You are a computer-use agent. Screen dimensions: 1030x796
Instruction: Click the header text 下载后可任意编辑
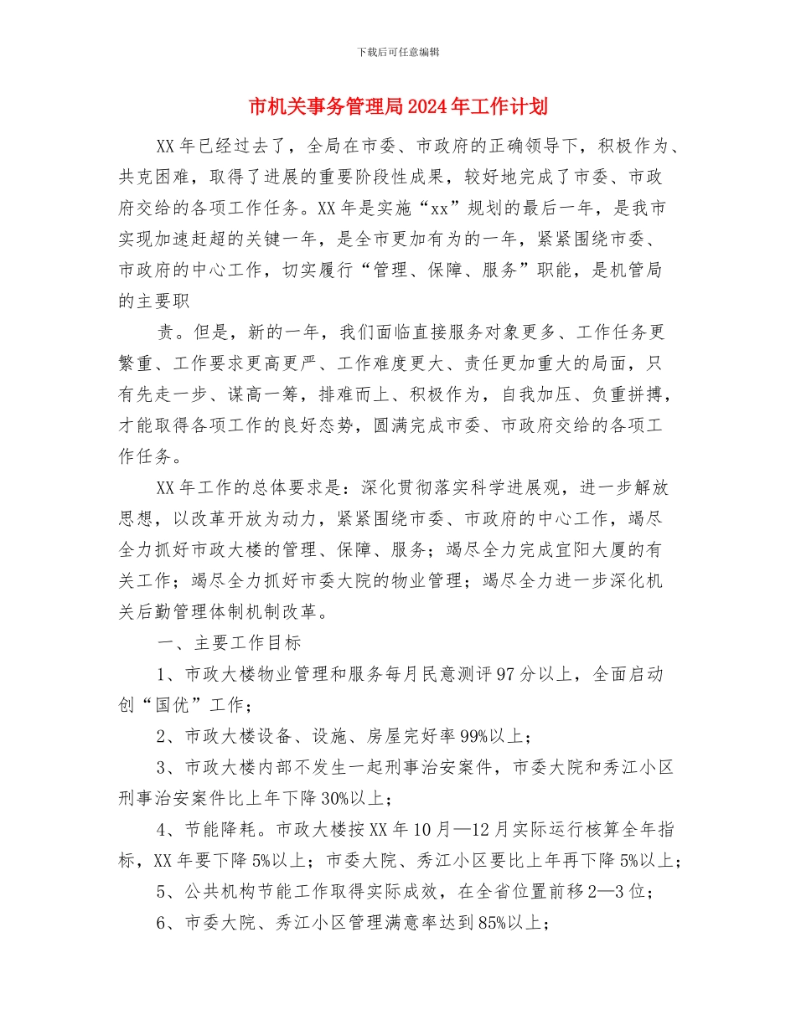(x=398, y=52)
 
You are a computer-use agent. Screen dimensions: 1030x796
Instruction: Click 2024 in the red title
(x=427, y=107)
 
